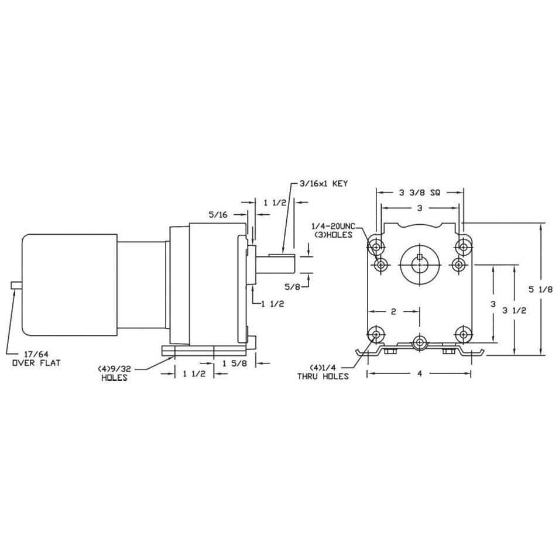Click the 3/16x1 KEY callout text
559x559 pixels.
(x=323, y=183)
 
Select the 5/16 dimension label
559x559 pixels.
(x=218, y=215)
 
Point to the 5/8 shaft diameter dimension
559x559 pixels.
(x=293, y=287)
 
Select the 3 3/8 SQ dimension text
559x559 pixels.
(x=419, y=192)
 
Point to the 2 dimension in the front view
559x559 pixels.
(x=393, y=312)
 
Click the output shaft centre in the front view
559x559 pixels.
(x=420, y=265)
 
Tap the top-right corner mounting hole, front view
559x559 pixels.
(x=464, y=247)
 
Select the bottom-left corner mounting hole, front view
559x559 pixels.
(x=375, y=334)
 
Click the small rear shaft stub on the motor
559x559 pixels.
(x=16, y=285)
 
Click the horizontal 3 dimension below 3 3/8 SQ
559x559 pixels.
(x=419, y=208)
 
